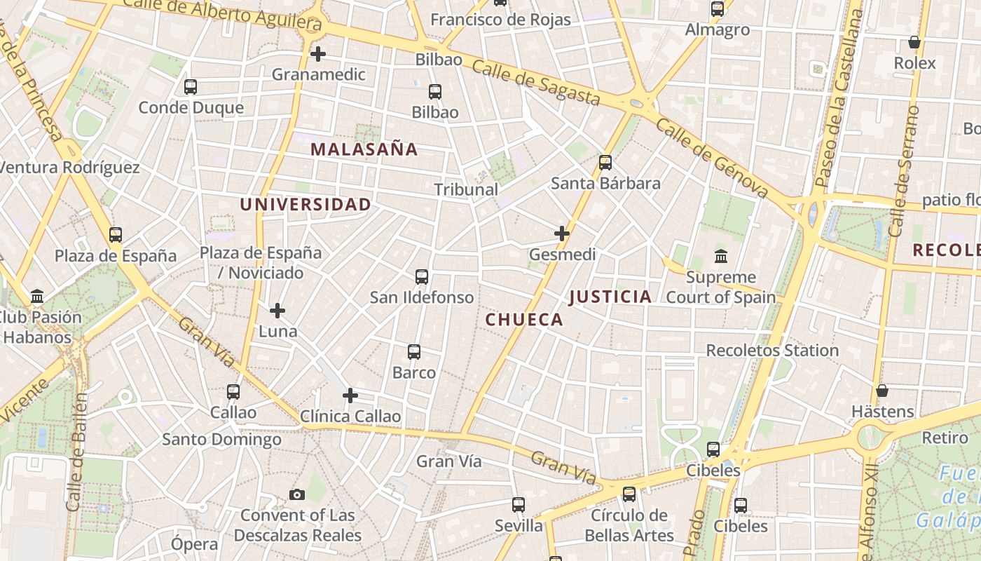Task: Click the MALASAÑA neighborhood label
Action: [x=364, y=149]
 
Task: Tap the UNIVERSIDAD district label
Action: [x=306, y=205]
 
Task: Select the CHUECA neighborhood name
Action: [x=524, y=320]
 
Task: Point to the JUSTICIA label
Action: [x=610, y=297]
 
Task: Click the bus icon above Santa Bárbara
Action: [x=605, y=163]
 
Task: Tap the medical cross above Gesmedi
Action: [x=562, y=234]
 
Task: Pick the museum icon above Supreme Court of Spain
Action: [x=721, y=257]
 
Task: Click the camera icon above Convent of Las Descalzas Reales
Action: [x=297, y=495]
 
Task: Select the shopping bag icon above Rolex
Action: [x=914, y=43]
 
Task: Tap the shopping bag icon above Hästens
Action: [x=882, y=391]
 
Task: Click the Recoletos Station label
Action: [x=772, y=350]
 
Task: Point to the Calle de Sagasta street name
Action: [x=535, y=82]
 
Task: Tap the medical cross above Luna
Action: [x=277, y=310]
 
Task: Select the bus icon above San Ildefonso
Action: [x=422, y=277]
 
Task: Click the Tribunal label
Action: [x=466, y=189]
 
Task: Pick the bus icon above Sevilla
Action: [x=519, y=505]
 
